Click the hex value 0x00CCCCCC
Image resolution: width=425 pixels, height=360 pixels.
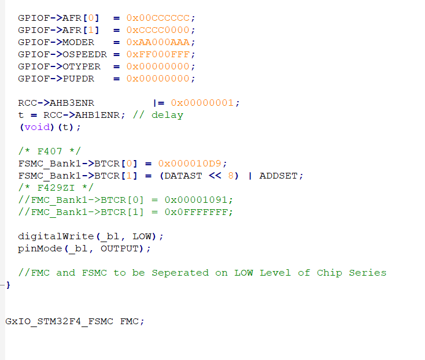point(161,18)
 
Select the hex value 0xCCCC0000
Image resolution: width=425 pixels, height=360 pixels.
point(161,30)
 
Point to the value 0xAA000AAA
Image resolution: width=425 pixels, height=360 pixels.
point(161,42)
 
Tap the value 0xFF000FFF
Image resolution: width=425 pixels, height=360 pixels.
point(161,54)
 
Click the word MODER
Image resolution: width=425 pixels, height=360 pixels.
point(78,42)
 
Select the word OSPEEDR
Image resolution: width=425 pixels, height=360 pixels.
point(84,54)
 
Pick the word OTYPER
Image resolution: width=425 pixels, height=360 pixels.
point(81,66)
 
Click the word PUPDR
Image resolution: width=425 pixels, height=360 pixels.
point(78,79)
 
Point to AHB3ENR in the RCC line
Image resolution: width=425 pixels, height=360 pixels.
point(72,103)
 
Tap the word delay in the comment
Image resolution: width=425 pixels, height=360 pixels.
point(167,115)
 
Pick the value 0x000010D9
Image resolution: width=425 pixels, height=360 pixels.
point(193,164)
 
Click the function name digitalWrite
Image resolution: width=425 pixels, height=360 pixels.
point(56,236)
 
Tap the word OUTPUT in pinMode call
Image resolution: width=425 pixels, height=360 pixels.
point(120,248)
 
